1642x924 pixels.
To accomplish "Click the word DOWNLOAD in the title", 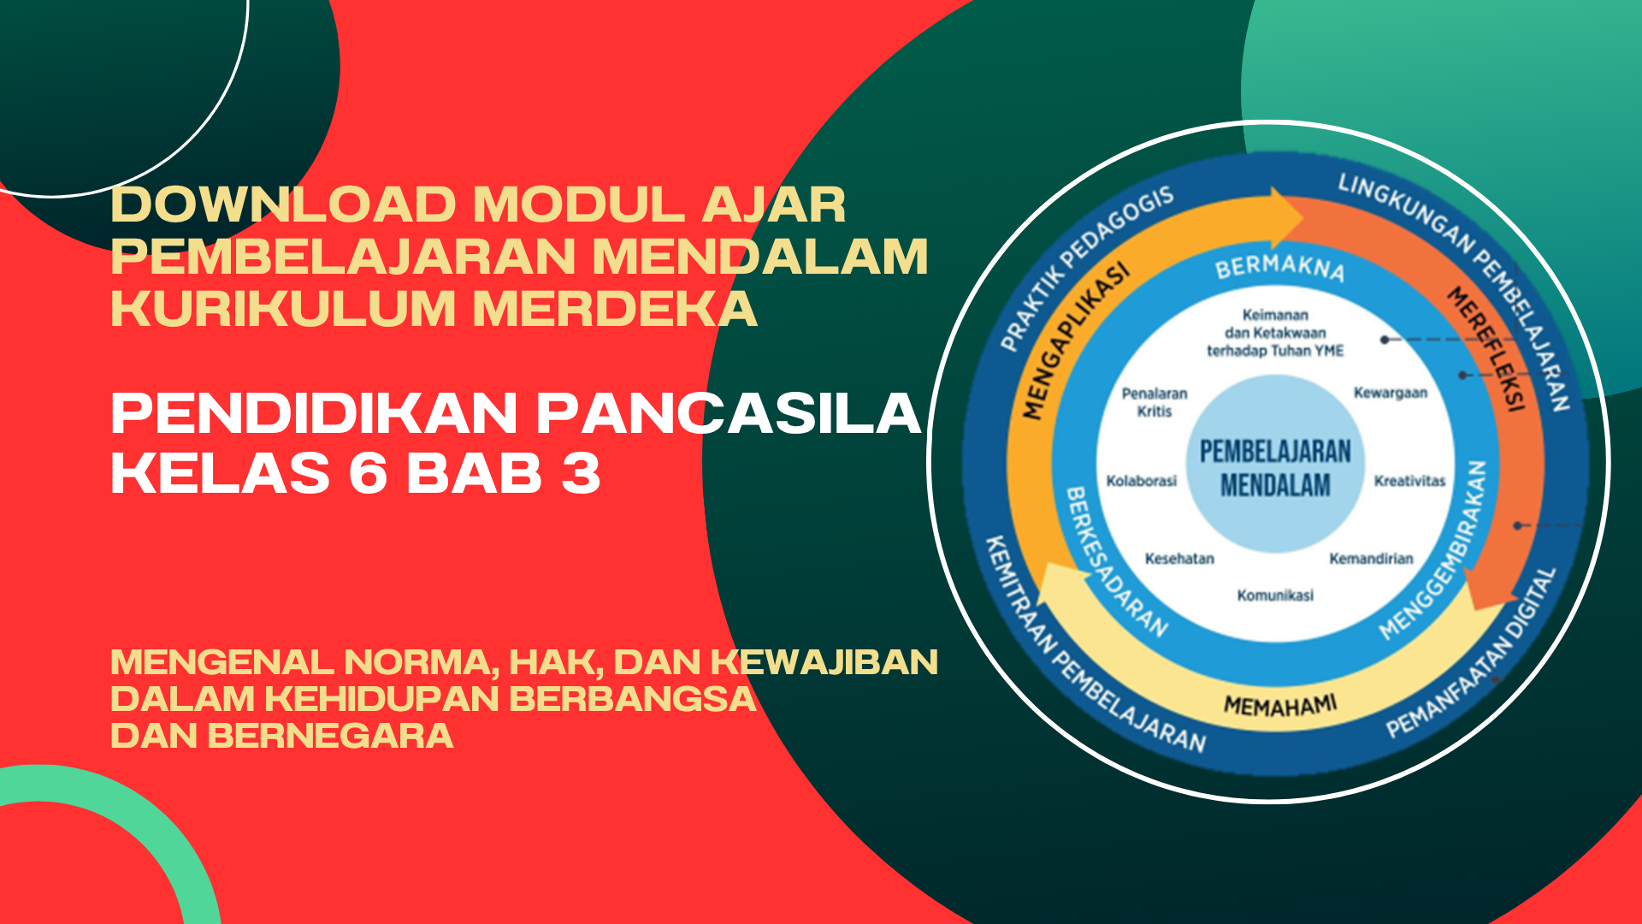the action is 283,205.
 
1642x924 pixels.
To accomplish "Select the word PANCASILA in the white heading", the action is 729,414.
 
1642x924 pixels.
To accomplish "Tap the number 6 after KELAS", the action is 369,473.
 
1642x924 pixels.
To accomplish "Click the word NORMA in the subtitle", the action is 421,663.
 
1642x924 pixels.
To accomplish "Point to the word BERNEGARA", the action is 330,736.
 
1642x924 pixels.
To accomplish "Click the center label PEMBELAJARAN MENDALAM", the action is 1275,468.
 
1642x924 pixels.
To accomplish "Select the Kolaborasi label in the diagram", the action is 1142,481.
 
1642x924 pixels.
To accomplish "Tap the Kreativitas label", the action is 1409,481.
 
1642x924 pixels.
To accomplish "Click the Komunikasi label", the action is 1275,595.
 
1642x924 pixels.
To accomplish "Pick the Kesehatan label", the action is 1179,559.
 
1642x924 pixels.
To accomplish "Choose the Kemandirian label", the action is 1371,559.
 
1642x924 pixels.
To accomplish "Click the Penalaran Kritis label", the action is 1155,402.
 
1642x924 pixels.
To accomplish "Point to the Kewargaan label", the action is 1391,393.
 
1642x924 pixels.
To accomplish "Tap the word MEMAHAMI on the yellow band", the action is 1280,705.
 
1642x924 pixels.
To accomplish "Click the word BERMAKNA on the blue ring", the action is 1280,268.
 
